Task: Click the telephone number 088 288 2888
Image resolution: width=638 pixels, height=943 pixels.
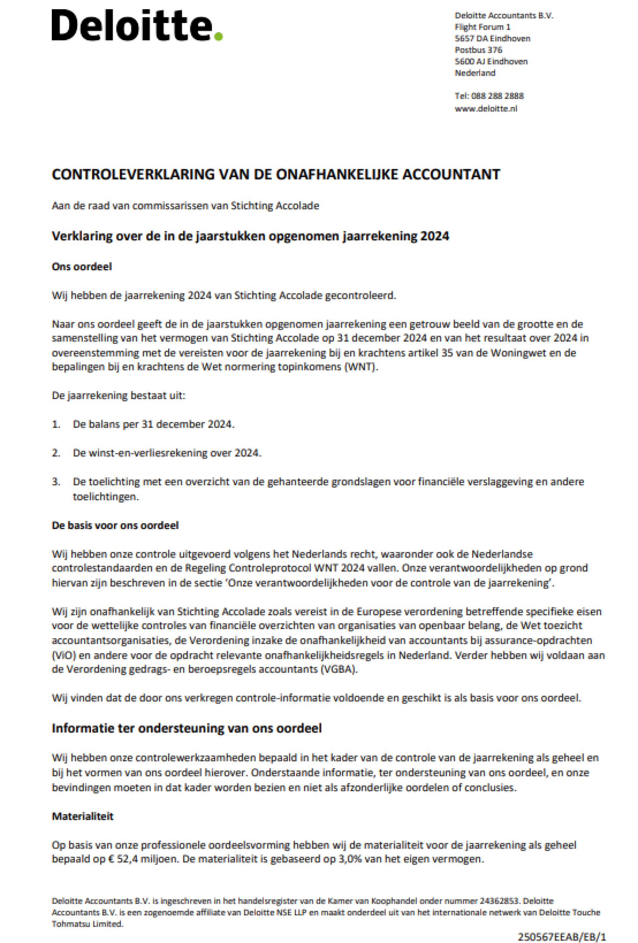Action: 497,96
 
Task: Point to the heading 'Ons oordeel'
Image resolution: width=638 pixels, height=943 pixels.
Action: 82,267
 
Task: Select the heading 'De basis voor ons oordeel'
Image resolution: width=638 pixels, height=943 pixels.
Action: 115,525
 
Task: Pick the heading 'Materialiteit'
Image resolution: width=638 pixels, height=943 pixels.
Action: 82,817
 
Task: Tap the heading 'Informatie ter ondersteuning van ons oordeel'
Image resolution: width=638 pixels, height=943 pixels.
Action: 186,728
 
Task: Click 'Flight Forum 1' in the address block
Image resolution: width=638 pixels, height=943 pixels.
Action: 482,27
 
